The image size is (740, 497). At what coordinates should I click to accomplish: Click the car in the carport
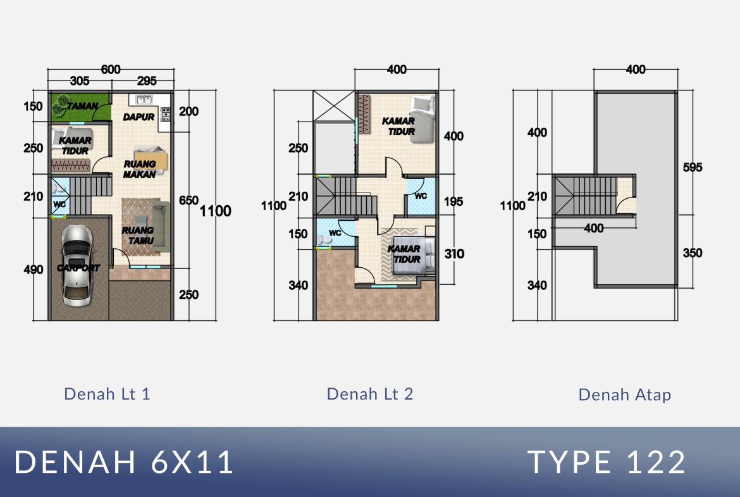[x=77, y=265]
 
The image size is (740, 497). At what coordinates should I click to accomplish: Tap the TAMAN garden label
[x=82, y=106]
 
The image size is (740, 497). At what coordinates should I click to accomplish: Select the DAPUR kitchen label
[x=139, y=116]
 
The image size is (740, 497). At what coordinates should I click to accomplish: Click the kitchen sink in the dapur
[x=144, y=99]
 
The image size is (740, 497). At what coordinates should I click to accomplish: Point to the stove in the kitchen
[x=166, y=115]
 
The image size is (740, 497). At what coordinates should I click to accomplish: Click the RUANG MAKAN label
[x=140, y=169]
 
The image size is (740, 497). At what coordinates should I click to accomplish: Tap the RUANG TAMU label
[x=138, y=236]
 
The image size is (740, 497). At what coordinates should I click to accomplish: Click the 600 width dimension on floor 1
[x=111, y=70]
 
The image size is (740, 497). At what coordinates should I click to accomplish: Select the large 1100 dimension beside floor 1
[x=215, y=211]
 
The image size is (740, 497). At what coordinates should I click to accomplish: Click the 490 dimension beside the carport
[x=33, y=269]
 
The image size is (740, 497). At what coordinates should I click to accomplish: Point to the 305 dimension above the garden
[x=80, y=81]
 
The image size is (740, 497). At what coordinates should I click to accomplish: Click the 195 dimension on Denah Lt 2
[x=453, y=202]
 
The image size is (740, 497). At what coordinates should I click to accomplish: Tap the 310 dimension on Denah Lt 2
[x=454, y=254]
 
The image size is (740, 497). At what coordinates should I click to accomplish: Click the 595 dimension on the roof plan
[x=693, y=167]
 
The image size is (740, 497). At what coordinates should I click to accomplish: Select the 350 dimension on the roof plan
[x=693, y=253]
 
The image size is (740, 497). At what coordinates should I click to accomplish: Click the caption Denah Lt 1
[x=107, y=394]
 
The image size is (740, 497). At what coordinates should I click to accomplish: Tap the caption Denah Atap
[x=624, y=395]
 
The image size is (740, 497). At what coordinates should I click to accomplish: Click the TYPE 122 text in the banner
[x=607, y=462]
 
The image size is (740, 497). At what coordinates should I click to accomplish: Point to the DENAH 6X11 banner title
[x=124, y=462]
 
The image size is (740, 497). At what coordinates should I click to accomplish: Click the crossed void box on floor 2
[x=334, y=105]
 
